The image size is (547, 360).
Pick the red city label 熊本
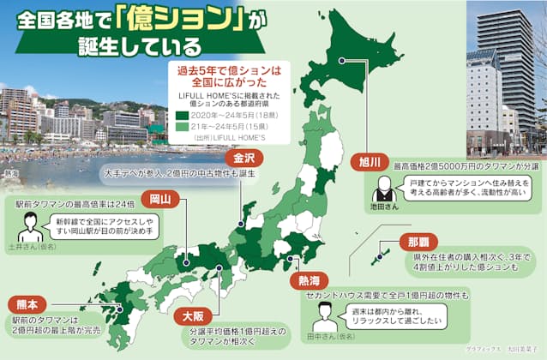24,303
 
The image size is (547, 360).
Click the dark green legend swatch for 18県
180,113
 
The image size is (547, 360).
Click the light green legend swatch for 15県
180,124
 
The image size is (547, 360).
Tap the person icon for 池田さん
385,187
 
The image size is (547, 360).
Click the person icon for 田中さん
323,316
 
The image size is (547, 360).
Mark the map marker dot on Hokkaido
341,60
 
